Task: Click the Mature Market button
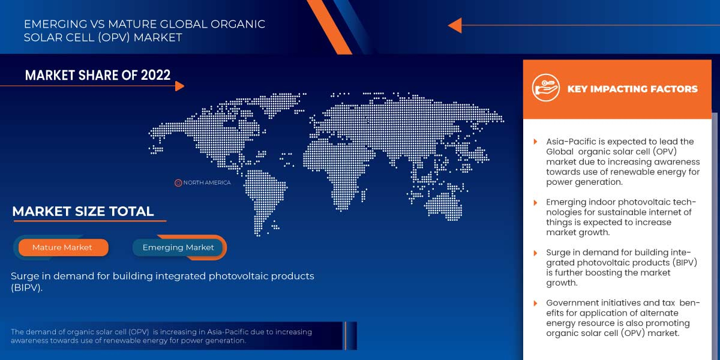pyautogui.click(x=62, y=247)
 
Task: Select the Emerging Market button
pyautogui.click(x=178, y=247)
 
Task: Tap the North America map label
pyautogui.click(x=206, y=182)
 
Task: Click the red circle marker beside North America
pyautogui.click(x=178, y=182)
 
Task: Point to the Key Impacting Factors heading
pyautogui.click(x=632, y=89)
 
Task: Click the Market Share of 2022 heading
pyautogui.click(x=98, y=75)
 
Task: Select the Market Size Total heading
pyautogui.click(x=83, y=211)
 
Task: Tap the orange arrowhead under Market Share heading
pyautogui.click(x=179, y=86)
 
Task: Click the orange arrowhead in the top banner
pyautogui.click(x=455, y=25)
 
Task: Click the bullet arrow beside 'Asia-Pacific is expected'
pyautogui.click(x=536, y=142)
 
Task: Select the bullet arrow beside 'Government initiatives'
pyautogui.click(x=536, y=302)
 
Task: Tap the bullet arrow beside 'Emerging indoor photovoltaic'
pyautogui.click(x=536, y=203)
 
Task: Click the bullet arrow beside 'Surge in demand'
pyautogui.click(x=536, y=253)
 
